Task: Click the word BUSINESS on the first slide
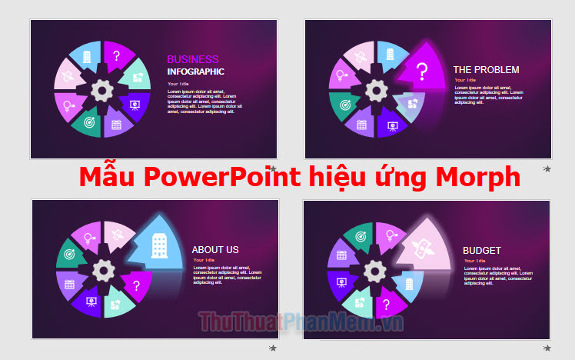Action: pyautogui.click(x=193, y=59)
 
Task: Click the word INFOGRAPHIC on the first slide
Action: pyautogui.click(x=196, y=72)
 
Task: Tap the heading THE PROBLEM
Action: pyautogui.click(x=486, y=69)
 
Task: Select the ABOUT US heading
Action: pyautogui.click(x=215, y=249)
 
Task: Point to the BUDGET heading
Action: pyautogui.click(x=482, y=250)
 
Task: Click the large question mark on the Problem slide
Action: pyautogui.click(x=422, y=73)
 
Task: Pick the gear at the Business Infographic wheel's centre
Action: pyautogui.click(x=101, y=91)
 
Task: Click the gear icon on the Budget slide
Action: pyautogui.click(x=375, y=270)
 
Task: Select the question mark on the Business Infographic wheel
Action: pyautogui.click(x=116, y=55)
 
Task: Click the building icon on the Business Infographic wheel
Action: pyautogui.click(x=87, y=56)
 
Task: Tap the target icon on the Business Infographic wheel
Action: pyautogui.click(x=88, y=122)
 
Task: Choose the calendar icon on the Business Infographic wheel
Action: pyautogui.click(x=117, y=123)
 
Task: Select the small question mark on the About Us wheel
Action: pyautogui.click(x=136, y=285)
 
